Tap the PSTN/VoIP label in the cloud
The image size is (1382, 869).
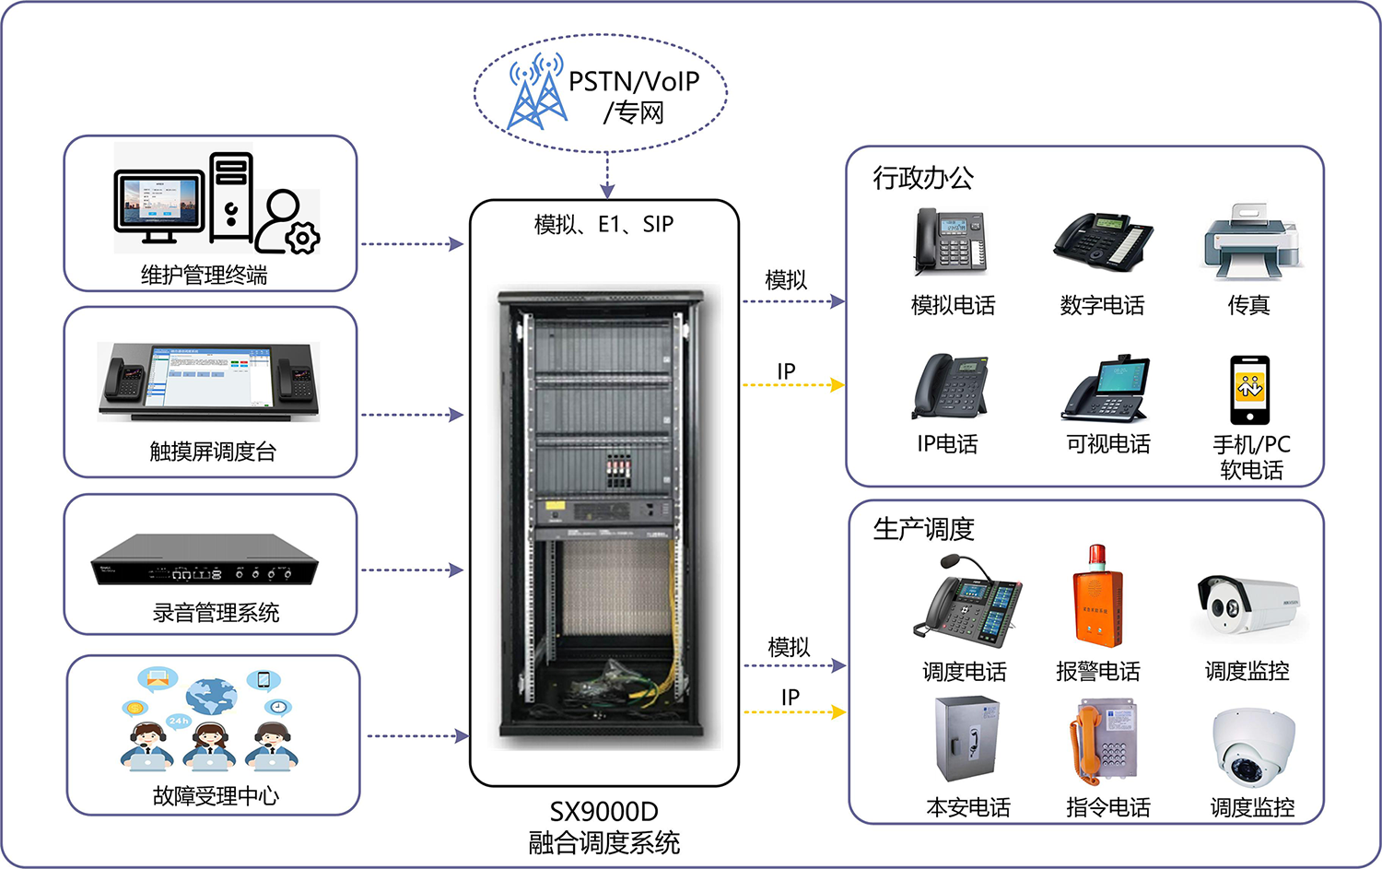634,82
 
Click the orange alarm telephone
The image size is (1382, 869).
1097,598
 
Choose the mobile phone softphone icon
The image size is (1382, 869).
1249,390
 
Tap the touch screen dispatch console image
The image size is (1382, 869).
209,381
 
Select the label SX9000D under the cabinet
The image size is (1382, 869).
604,812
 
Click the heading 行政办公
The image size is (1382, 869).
923,178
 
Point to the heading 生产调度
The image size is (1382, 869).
923,529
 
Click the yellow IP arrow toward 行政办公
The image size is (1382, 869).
793,385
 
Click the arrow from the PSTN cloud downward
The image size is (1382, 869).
607,175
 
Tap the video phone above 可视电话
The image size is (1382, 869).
1107,389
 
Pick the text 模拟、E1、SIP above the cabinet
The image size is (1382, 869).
603,225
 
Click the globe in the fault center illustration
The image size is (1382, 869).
211,696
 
